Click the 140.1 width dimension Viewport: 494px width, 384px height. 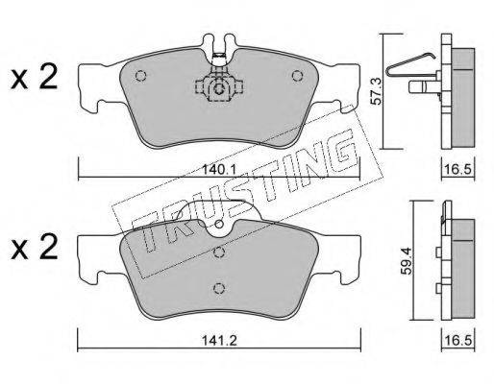point(219,169)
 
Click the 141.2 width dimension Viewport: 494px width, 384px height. point(219,341)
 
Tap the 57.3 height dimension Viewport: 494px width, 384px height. point(376,92)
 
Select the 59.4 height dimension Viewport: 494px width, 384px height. point(408,261)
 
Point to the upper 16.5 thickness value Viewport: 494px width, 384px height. point(458,169)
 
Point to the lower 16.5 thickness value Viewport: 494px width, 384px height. point(458,341)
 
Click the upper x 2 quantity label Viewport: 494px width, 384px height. point(35,77)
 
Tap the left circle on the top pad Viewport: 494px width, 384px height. point(140,76)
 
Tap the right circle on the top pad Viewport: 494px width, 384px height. point(298,76)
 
